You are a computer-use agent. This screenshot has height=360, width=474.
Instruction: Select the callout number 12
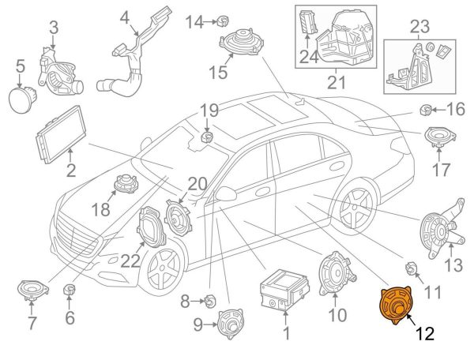pos(425,334)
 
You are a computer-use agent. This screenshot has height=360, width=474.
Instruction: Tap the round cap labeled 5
pos(22,99)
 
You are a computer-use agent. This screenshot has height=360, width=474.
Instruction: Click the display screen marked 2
pos(61,134)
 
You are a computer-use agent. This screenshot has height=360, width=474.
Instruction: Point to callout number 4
pos(125,18)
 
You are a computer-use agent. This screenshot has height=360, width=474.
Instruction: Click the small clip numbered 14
pos(223,21)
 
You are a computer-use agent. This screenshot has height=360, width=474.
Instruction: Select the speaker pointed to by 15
pos(241,42)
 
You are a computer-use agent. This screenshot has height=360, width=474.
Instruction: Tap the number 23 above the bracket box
pos(420,27)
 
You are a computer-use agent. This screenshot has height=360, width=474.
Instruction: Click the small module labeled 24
pos(308,22)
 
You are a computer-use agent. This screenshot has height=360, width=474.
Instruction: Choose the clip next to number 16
pos(426,110)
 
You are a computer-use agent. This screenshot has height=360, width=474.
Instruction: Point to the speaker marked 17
pos(440,137)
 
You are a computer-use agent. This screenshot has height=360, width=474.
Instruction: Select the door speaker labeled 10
pos(337,274)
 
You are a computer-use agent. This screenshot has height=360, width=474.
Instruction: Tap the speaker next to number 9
pos(231,324)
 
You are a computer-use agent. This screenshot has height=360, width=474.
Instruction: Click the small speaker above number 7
pos(32,291)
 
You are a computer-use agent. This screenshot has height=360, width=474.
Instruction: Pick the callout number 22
pos(130,261)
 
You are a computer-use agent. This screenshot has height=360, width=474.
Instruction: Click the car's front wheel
pos(162,269)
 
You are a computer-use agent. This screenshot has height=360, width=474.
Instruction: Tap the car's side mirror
pos(226,193)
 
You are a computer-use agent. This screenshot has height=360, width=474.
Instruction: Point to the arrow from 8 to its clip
pos(198,301)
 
